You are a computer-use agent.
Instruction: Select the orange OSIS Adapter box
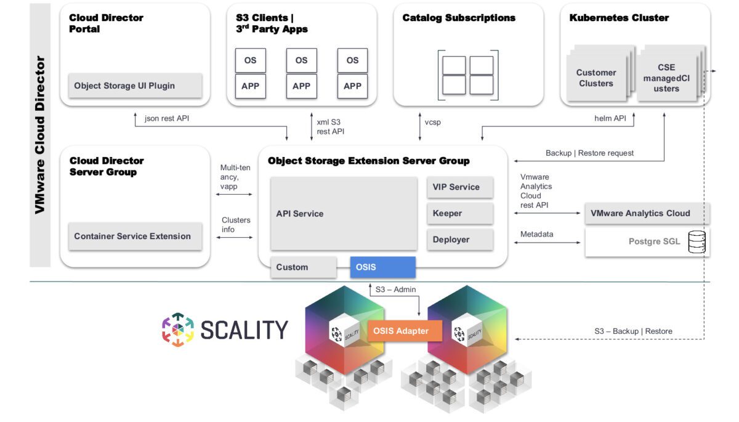coord(400,331)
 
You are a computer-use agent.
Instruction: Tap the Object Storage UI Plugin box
coord(135,86)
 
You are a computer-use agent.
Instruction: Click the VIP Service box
coord(459,187)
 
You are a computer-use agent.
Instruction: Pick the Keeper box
coord(459,213)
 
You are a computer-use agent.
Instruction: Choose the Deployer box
coord(459,240)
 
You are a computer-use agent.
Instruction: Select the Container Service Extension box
coord(135,236)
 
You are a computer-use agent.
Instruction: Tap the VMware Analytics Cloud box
coord(647,213)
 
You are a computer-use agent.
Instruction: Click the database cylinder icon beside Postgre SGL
coord(697,241)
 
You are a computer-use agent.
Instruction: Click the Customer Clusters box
coord(596,78)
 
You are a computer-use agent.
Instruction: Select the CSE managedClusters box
coord(666,78)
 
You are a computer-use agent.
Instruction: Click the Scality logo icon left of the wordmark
coord(177,330)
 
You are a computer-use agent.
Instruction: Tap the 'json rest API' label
coord(166,118)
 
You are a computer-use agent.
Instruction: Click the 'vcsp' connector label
coord(433,122)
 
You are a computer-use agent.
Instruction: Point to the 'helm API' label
coord(610,118)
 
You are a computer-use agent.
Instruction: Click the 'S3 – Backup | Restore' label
coord(633,331)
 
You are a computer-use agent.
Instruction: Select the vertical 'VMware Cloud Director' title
coord(40,136)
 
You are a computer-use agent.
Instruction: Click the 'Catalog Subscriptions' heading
coord(459,18)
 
